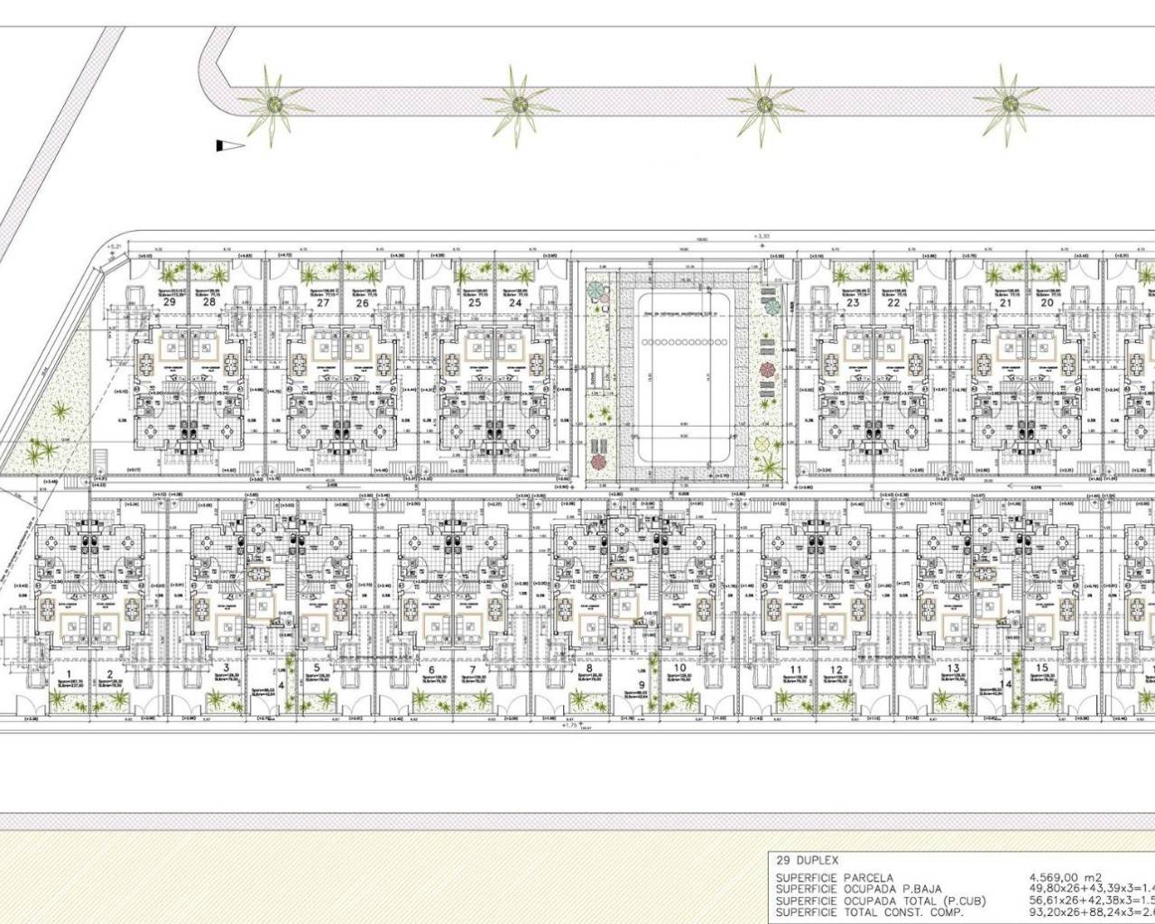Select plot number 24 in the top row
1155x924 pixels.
[x=515, y=304]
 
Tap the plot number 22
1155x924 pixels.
[x=892, y=304]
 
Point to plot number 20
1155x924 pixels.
[x=1047, y=304]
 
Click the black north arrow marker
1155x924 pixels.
[x=230, y=145]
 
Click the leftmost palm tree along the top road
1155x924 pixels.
[x=271, y=103]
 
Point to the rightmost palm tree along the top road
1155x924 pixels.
[x=1006, y=103]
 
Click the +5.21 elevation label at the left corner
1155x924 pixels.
[x=113, y=245]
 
